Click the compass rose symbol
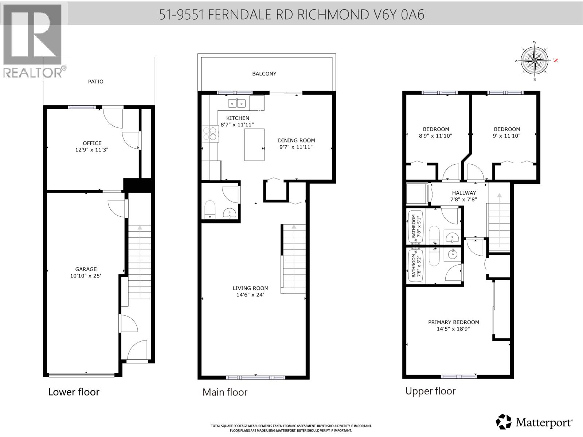tap(535, 60)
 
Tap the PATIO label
tap(95, 82)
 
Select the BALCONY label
tap(264, 74)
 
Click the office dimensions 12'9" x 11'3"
tap(92, 150)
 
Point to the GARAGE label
tap(86, 269)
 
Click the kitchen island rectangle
tap(254, 145)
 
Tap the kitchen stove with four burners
tap(210, 133)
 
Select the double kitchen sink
tap(237, 103)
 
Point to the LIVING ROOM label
tap(250, 288)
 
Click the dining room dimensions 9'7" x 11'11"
tap(296, 147)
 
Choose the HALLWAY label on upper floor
tap(464, 193)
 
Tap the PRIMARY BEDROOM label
tap(453, 322)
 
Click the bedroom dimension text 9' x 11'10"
tap(507, 136)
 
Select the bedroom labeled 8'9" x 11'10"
tap(436, 133)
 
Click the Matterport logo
tap(535, 422)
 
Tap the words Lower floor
tap(74, 392)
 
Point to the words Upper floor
tap(430, 391)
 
